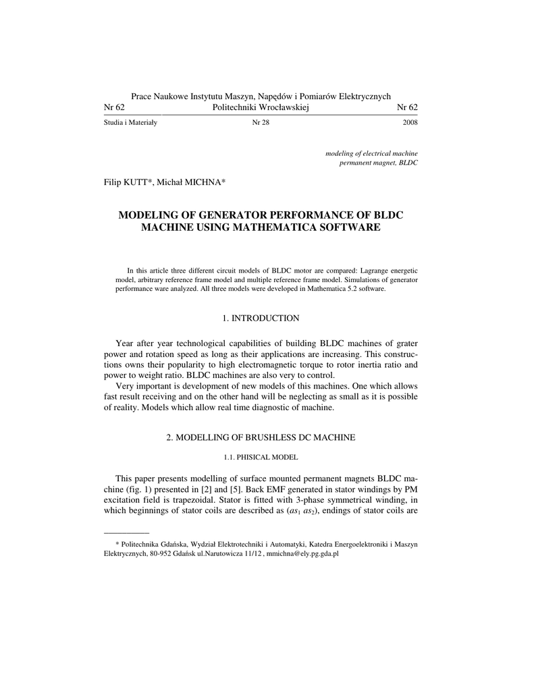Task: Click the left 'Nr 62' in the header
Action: pyautogui.click(x=114, y=108)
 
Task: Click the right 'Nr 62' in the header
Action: pyautogui.click(x=407, y=108)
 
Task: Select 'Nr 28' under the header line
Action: pyautogui.click(x=261, y=123)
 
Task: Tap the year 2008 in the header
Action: pyautogui.click(x=410, y=123)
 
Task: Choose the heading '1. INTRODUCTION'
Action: pyautogui.click(x=261, y=318)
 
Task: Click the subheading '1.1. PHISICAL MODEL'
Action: pyautogui.click(x=261, y=458)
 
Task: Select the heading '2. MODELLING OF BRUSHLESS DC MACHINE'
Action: pyautogui.click(x=261, y=438)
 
